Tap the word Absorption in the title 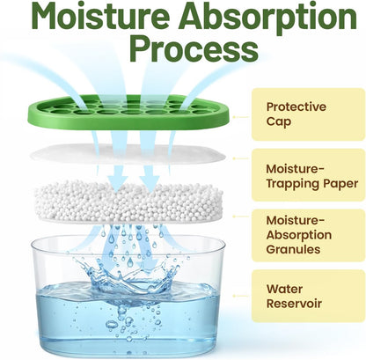(268, 18)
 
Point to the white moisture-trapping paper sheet (128, 153)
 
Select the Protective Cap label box (308, 114)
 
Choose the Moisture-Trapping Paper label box (308, 175)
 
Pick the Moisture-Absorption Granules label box (308, 235)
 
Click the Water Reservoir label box (308, 296)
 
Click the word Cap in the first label (279, 121)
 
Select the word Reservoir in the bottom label (294, 303)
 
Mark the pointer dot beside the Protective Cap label (234, 117)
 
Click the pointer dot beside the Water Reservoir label (234, 296)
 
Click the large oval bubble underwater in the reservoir (111, 324)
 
